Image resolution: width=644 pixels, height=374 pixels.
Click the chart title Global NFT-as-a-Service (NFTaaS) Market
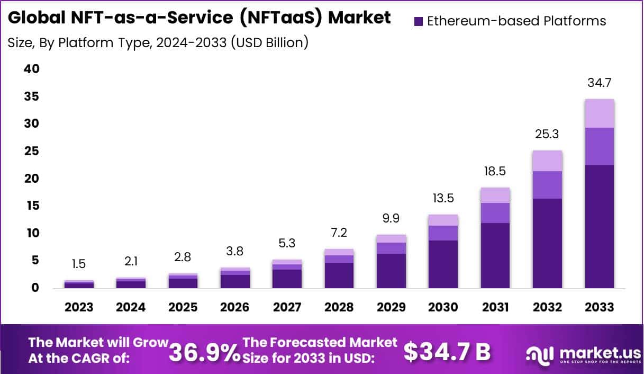click(199, 17)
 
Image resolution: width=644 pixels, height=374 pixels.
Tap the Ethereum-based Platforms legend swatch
click(418, 22)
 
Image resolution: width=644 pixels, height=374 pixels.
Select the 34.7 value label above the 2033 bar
click(599, 83)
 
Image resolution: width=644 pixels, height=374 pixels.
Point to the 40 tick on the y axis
click(32, 69)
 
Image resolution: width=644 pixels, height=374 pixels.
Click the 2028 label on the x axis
click(339, 307)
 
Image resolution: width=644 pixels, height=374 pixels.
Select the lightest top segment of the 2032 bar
click(547, 161)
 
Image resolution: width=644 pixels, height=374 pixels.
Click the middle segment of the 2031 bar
click(495, 212)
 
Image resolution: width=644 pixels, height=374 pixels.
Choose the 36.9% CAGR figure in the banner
click(204, 351)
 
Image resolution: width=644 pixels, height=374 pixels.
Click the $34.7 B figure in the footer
click(447, 351)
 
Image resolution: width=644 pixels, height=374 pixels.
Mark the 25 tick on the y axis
click(32, 152)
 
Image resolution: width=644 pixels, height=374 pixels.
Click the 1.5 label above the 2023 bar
click(79, 264)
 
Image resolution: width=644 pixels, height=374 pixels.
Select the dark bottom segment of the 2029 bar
click(391, 271)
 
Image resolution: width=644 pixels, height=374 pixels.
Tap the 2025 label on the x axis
click(183, 307)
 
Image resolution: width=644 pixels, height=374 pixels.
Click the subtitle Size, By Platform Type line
click(158, 42)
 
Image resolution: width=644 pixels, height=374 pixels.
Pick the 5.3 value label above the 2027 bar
click(287, 243)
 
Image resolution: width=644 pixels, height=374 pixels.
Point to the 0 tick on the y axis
click(35, 288)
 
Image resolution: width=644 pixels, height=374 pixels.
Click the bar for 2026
click(235, 278)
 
